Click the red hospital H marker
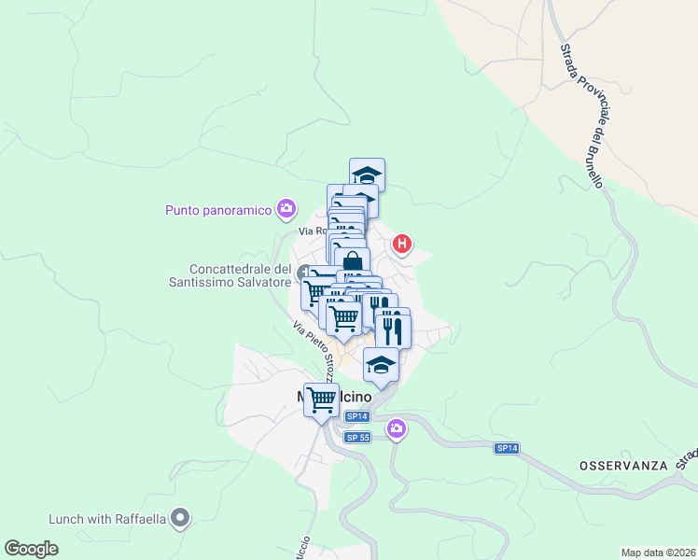402,245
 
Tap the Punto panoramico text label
217,209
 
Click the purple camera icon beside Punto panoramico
286,209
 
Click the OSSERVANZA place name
623,465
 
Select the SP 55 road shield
357,438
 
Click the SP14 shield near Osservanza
506,448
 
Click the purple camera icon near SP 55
398,428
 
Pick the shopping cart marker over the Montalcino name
322,399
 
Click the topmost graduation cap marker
368,174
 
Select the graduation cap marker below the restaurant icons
381,364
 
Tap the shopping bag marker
353,262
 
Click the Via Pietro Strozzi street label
314,343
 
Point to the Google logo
31,549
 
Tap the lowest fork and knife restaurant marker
394,330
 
